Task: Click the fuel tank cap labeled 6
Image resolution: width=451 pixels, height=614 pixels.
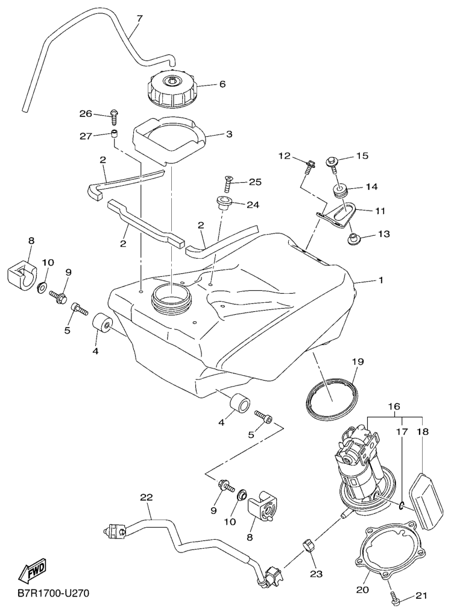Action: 172,88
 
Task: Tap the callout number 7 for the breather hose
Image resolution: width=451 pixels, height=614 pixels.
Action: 140,19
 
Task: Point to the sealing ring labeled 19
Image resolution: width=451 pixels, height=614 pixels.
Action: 330,397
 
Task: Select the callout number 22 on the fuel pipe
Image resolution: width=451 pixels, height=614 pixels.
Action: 147,498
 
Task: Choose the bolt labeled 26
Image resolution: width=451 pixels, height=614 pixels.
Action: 113,113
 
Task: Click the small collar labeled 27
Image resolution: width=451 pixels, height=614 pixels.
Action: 113,134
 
